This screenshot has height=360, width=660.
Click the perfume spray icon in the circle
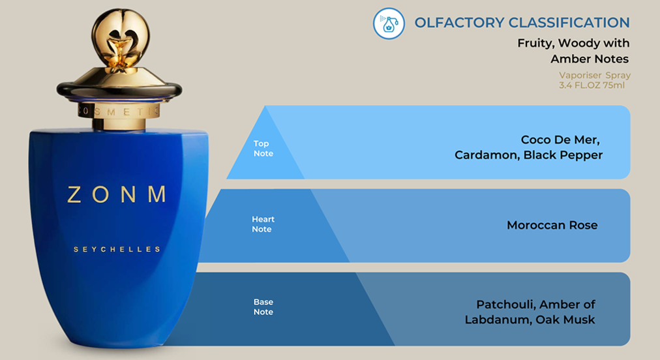click(x=389, y=23)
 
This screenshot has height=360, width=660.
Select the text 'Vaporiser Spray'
click(x=594, y=76)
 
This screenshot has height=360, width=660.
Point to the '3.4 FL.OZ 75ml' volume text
click(x=592, y=85)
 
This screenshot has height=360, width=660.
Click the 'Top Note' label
click(x=263, y=149)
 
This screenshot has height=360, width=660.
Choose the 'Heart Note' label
click(x=263, y=224)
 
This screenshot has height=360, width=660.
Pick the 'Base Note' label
click(x=263, y=307)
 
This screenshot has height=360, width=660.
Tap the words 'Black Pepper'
click(x=563, y=155)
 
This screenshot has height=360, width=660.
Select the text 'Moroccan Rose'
click(x=552, y=225)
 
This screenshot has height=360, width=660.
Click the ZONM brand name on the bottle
click(x=117, y=194)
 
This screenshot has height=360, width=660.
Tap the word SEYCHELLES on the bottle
click(x=117, y=249)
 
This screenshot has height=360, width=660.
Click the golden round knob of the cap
click(x=121, y=37)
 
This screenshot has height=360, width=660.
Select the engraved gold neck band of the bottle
click(x=119, y=111)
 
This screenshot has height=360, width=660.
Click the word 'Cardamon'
click(x=487, y=155)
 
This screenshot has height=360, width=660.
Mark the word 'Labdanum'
click(x=497, y=320)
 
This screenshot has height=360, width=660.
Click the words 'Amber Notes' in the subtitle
click(x=590, y=59)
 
